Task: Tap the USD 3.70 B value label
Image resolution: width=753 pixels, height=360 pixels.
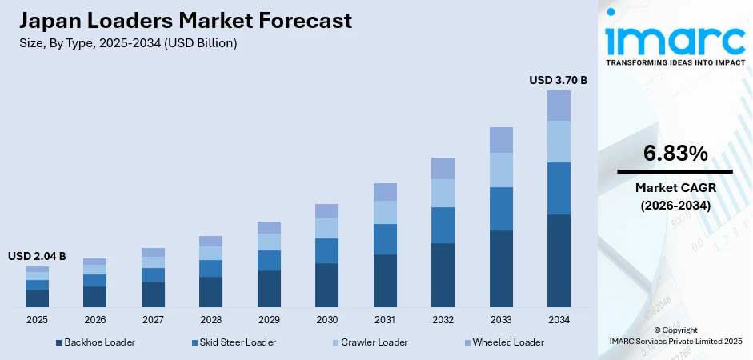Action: (559, 80)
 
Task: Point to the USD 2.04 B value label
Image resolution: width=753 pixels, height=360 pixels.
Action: (37, 256)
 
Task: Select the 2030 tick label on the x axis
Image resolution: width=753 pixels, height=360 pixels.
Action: (326, 320)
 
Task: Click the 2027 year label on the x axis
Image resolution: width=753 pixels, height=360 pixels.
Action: (153, 320)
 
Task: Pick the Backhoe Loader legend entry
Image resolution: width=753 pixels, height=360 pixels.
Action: (95, 342)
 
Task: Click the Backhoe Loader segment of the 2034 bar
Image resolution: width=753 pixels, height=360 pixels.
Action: (559, 261)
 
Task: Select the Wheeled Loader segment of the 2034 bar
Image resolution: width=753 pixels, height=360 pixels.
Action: (559, 106)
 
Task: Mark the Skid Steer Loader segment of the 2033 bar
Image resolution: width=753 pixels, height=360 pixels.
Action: (501, 209)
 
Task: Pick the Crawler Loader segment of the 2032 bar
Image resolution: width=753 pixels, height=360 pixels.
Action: (443, 193)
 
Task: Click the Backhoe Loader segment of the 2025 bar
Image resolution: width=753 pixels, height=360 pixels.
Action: (37, 298)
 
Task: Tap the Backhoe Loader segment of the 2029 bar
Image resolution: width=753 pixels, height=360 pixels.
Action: (269, 289)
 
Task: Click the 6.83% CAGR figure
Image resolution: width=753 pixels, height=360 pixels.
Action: (675, 154)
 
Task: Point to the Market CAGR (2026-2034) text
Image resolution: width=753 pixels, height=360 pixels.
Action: (675, 196)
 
